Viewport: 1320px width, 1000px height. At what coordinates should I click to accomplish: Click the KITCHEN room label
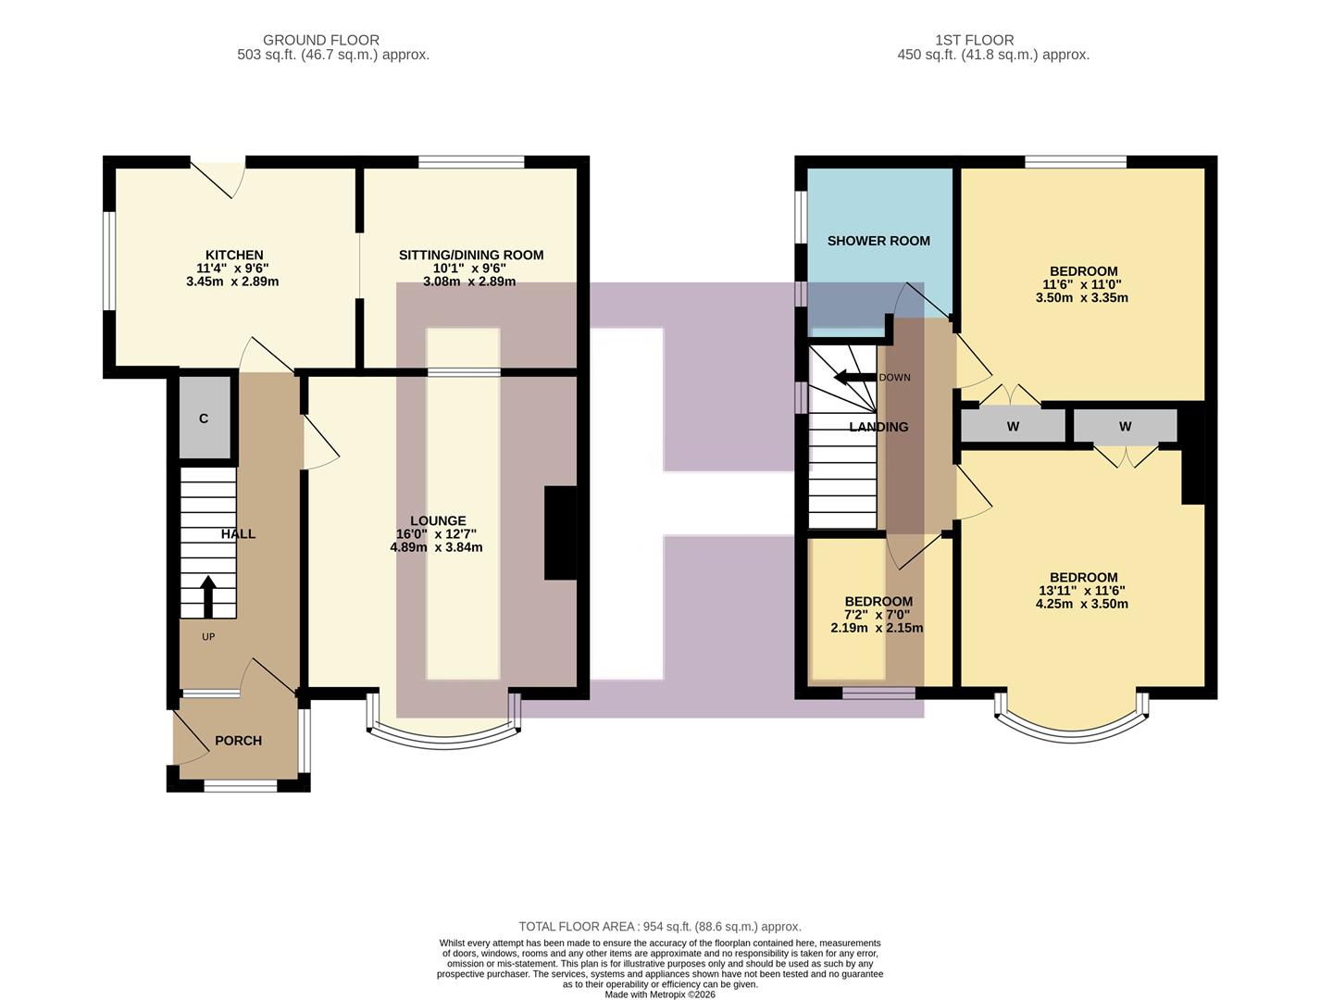click(x=234, y=256)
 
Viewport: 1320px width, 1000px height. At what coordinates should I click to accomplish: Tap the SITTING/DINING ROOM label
click(x=470, y=256)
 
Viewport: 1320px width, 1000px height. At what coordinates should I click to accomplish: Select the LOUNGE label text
click(x=438, y=521)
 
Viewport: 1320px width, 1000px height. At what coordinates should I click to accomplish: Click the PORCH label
click(x=238, y=741)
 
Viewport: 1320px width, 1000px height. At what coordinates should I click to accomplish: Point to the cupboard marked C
click(x=204, y=419)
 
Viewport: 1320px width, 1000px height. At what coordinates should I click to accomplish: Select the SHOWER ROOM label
click(x=878, y=241)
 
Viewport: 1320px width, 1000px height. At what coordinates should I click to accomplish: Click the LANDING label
click(x=878, y=427)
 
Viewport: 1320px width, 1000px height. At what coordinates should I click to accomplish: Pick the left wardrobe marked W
click(x=1013, y=427)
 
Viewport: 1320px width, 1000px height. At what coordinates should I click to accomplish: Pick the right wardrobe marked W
click(x=1125, y=427)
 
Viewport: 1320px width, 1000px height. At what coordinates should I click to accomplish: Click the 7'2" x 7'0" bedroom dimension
click(x=878, y=615)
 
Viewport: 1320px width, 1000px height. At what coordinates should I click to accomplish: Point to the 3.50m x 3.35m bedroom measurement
click(x=1081, y=298)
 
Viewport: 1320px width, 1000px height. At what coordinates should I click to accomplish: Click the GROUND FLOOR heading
click(x=320, y=40)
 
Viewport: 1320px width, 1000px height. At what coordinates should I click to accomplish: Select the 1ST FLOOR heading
click(x=974, y=40)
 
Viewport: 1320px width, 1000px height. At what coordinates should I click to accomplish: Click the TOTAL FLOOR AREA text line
click(x=659, y=926)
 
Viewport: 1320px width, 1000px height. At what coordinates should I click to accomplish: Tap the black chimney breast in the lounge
click(x=560, y=533)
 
